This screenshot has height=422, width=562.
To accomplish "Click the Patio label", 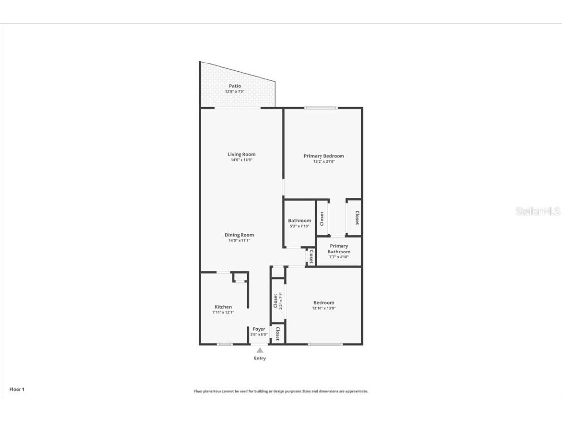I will (235, 86).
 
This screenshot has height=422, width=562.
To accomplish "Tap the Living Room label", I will (241, 155).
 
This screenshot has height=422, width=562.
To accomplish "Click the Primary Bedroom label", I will (324, 156).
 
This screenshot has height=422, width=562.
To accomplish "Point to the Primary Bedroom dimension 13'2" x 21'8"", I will (324, 162).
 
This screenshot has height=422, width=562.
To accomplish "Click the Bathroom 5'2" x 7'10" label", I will (300, 223).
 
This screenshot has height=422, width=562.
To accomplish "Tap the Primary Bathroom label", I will (339, 249).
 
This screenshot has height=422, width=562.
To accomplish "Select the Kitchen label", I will (223, 307).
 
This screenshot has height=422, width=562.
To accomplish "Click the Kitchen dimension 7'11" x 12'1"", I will (223, 312).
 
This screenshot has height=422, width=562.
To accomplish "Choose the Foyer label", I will (259, 329).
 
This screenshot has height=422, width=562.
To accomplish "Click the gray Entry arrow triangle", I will (260, 350).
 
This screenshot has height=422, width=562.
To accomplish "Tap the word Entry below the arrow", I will (260, 359).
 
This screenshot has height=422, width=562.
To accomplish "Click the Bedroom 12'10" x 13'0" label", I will (324, 305).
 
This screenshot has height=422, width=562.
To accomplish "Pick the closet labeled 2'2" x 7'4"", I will (278, 300).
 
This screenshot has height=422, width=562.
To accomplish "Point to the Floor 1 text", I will (17, 389).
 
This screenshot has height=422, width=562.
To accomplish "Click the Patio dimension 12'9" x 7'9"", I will (235, 92).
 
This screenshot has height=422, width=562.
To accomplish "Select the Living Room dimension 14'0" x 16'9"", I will (241, 160).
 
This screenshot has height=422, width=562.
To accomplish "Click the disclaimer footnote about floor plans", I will (281, 391).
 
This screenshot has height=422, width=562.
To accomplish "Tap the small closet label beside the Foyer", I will (278, 334).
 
